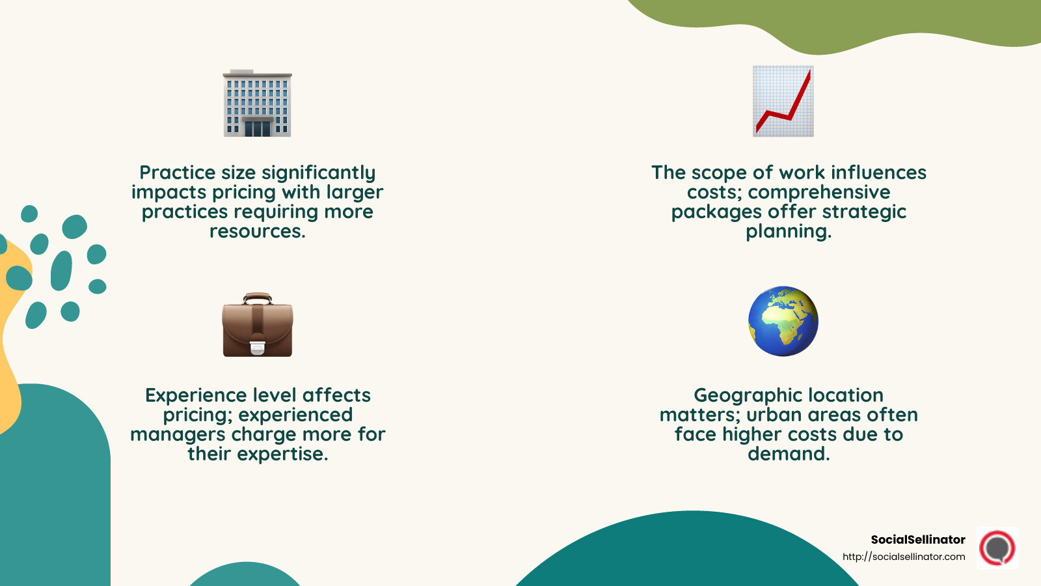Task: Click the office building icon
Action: point(257,103)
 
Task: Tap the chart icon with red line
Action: point(783,101)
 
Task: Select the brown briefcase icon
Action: point(258,326)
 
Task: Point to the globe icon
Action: point(783,321)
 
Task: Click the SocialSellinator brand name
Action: point(918,539)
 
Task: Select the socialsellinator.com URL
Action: point(904,557)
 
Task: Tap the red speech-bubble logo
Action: point(997,548)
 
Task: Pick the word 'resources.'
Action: point(258,231)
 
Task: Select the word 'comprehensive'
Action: point(819,192)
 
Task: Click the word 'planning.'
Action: point(789,231)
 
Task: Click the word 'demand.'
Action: point(789,454)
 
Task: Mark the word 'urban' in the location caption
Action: point(774,415)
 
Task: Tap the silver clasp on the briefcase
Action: point(258,348)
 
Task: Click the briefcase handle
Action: point(258,298)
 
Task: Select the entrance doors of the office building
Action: point(258,128)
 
